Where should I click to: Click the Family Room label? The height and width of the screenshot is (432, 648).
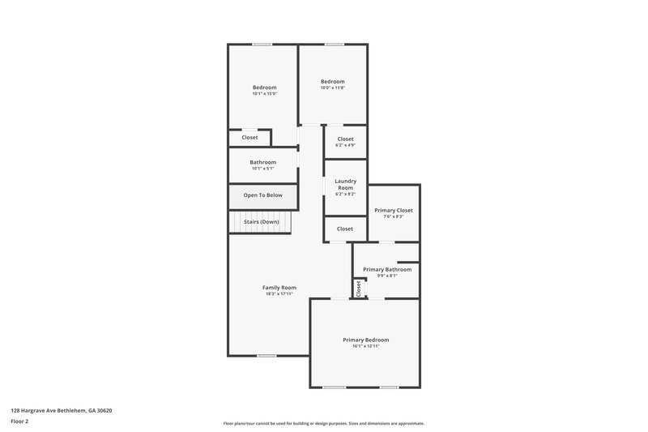tap(279, 288)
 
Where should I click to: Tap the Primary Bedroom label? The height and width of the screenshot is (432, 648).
tap(365, 340)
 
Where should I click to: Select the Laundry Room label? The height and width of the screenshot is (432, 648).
tap(345, 184)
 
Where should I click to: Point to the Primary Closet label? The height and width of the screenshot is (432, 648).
tap(394, 210)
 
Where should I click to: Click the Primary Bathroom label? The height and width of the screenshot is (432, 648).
tap(386, 269)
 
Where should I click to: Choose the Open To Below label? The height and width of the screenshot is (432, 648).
tap(262, 195)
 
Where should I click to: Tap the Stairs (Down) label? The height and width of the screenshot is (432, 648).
tap(262, 221)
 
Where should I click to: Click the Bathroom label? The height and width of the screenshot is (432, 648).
tap(262, 162)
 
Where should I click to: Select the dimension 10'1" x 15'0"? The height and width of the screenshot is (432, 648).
tap(264, 94)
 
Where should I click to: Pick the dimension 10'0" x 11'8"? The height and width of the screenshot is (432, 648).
tap(332, 88)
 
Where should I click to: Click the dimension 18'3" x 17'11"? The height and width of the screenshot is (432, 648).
tap(279, 294)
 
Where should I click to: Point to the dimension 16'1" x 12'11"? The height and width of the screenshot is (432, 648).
tap(365, 346)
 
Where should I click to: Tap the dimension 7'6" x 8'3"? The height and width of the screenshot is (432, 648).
tap(394, 216)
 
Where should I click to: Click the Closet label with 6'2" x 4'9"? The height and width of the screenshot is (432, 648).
tap(345, 139)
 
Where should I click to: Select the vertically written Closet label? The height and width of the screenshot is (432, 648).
tap(358, 288)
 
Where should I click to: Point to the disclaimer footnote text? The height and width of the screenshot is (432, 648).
tap(323, 423)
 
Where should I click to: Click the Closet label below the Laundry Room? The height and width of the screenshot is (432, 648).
tap(345, 229)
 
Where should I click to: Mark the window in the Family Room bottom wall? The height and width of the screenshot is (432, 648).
tap(266, 356)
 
